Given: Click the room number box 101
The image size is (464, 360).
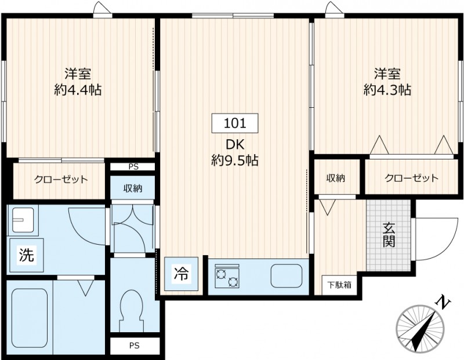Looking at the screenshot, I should (x=234, y=123).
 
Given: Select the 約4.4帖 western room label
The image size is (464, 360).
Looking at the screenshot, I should (x=78, y=82).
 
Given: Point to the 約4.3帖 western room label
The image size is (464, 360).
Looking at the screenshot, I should (x=387, y=82).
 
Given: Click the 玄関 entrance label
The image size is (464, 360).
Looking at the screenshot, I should (x=389, y=235).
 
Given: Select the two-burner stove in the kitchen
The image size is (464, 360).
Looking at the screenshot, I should (x=227, y=277).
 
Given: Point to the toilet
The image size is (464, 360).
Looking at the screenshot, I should (x=131, y=310).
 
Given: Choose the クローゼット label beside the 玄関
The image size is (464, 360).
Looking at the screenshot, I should (x=412, y=178).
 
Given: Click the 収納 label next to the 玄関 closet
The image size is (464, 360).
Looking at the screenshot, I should (x=335, y=178).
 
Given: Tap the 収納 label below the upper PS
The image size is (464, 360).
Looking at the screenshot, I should (x=133, y=188).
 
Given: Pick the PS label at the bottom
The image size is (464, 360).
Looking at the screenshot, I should (x=134, y=346).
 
